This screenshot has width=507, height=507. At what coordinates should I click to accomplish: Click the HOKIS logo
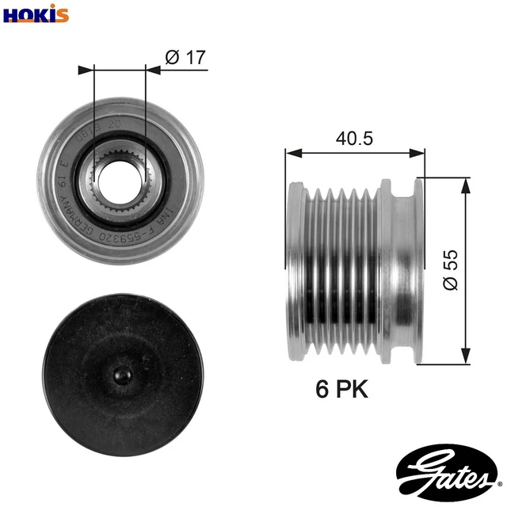point(36,13)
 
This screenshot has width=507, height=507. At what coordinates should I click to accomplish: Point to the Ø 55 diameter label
point(451,271)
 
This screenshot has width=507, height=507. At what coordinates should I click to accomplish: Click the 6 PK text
point(341,388)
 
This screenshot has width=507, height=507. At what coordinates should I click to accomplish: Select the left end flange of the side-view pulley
point(295,269)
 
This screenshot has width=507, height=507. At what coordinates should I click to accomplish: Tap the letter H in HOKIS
point(11,13)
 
